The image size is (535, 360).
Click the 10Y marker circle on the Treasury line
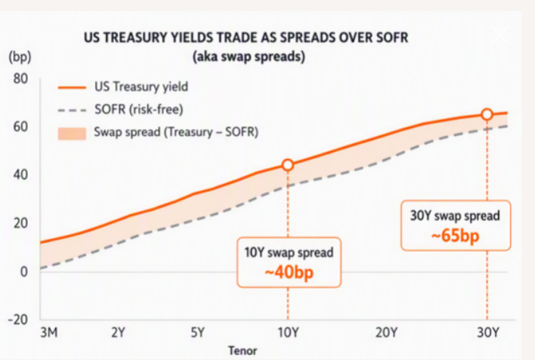pos(288,165)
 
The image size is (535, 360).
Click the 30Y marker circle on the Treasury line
pos(487,114)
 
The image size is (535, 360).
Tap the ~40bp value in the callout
pos(289,273)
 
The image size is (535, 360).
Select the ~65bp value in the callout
pos(456,236)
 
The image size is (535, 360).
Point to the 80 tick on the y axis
pos(20,79)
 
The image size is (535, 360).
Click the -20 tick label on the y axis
pos(18,319)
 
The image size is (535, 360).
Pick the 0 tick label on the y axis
pos(24,272)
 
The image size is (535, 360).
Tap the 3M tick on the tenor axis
pos(49,332)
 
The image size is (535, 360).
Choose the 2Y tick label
pos(119,332)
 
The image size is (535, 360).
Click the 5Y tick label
pos(197,332)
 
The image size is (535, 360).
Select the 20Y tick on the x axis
pos(387,332)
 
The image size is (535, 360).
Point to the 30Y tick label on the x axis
pos(488,332)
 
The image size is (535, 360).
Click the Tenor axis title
pos(242,351)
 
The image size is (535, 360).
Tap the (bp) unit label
pos(20,57)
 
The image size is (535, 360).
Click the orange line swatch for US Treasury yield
pos(72,87)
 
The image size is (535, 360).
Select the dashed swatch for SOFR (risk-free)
pos(72,111)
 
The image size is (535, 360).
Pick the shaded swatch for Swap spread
pos(72,133)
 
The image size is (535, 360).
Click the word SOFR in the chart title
pos(391,38)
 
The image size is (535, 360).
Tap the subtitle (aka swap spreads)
pos(249,57)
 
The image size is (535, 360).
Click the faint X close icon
pos(500,35)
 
